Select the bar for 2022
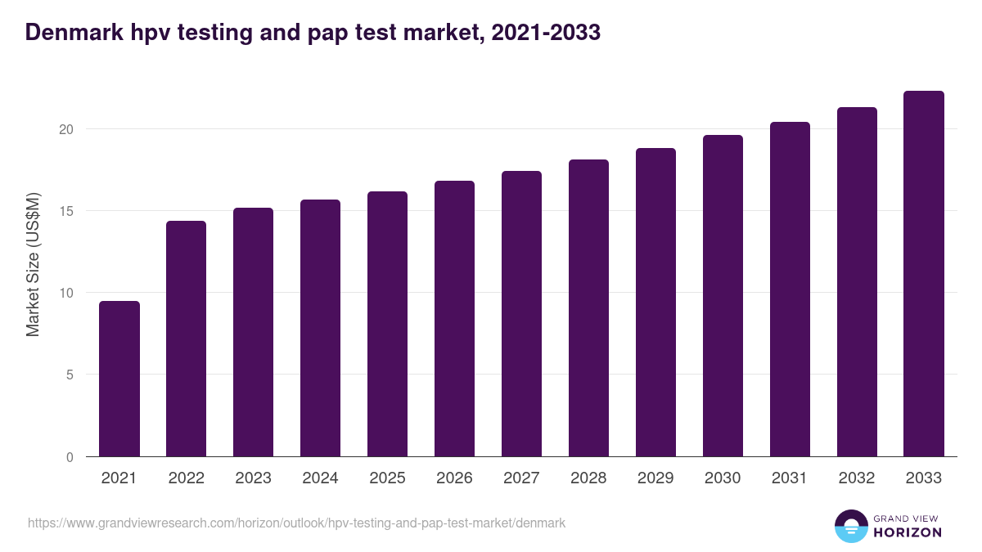[187, 339]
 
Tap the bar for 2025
[388, 324]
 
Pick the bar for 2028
[589, 308]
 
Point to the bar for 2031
[791, 289]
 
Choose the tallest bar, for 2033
[924, 274]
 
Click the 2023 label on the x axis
[254, 478]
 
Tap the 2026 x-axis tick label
[455, 478]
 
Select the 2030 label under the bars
[723, 478]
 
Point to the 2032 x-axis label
[858, 478]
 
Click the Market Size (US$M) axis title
[34, 265]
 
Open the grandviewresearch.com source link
[296, 523]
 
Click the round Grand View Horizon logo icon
[850, 526]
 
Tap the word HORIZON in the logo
[908, 532]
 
